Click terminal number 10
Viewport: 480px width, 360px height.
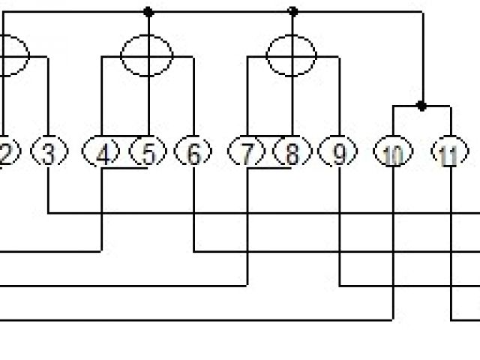click(392, 154)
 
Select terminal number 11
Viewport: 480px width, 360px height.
click(449, 154)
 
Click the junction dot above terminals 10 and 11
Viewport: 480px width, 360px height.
click(421, 106)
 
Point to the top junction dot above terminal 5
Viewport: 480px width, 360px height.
click(148, 12)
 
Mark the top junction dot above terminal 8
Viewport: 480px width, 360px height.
click(292, 12)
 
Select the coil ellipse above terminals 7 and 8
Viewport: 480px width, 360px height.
click(292, 54)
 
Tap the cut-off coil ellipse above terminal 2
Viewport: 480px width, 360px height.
click(12, 54)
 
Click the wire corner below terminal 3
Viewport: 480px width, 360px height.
click(49, 213)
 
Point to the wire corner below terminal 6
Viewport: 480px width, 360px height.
click(194, 251)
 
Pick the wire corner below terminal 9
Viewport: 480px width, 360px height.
click(340, 286)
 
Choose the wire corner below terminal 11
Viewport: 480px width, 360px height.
click(450, 320)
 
